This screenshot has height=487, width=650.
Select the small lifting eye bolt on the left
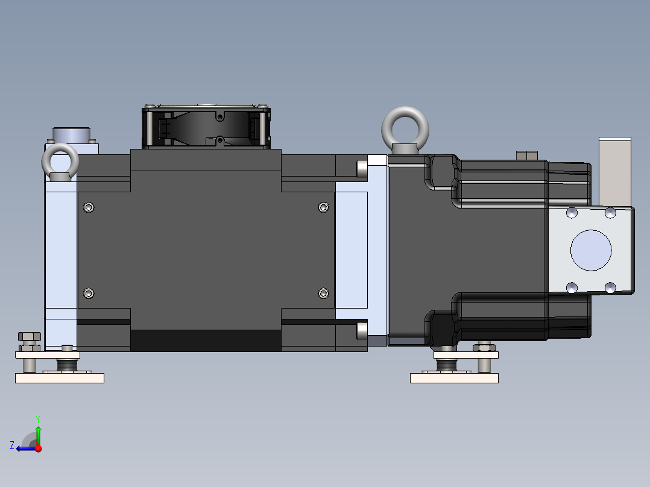[60, 162]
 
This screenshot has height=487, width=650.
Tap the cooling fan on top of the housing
[206, 128]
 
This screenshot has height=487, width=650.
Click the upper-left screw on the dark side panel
[89, 207]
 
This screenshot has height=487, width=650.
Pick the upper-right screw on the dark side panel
[323, 207]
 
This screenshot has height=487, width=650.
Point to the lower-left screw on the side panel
[89, 294]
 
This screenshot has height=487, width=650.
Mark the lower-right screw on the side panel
[323, 294]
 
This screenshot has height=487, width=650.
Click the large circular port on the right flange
[590, 250]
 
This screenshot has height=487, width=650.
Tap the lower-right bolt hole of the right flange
[610, 287]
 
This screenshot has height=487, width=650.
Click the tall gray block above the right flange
[614, 172]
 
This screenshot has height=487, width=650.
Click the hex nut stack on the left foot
[29, 341]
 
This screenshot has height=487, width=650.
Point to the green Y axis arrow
[38, 433]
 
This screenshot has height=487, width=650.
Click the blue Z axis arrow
[24, 448]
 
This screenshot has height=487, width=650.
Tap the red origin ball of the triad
[39, 448]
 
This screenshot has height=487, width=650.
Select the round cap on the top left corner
[71, 134]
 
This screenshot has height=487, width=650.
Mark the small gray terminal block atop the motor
[527, 156]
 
